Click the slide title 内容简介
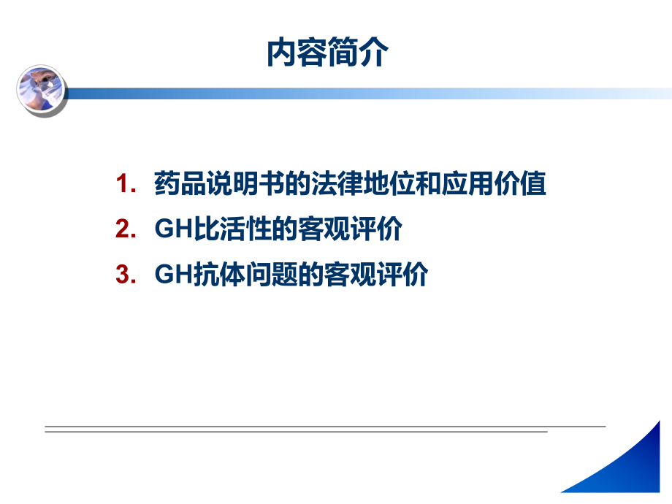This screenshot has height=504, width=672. (x=327, y=53)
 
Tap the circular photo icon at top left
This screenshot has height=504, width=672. (x=41, y=89)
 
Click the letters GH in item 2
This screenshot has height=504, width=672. (x=173, y=230)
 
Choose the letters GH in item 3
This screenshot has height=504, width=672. (x=173, y=275)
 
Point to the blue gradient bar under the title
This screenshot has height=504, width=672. (x=365, y=93)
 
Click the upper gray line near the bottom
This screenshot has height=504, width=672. (x=325, y=426)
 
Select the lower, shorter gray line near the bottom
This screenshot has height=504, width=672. (x=296, y=432)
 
